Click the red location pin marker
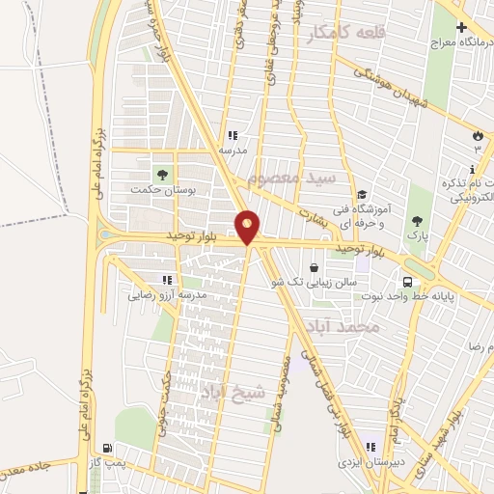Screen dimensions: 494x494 249,226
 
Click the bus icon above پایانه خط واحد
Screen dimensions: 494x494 408,281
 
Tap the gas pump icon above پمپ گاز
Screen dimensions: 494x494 105,449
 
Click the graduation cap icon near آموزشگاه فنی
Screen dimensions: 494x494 360,194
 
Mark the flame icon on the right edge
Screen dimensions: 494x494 478,135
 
